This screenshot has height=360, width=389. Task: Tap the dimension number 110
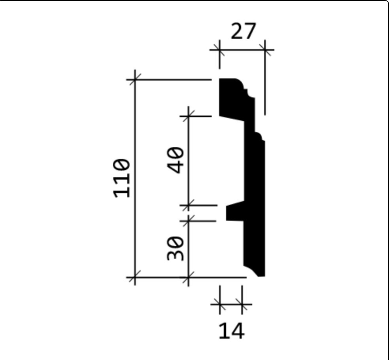[x=121, y=178]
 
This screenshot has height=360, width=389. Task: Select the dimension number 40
[x=176, y=160]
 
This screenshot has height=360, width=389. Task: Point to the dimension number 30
[x=176, y=248]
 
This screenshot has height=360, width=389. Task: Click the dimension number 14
[x=232, y=331]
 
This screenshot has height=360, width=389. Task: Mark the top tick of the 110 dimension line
[x=135, y=80]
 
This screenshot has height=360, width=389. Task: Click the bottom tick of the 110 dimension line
[x=135, y=277]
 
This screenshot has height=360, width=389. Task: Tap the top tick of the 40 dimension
[x=189, y=116]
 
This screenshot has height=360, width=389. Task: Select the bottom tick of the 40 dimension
[x=189, y=205]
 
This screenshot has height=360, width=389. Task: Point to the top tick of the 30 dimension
[x=189, y=221]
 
